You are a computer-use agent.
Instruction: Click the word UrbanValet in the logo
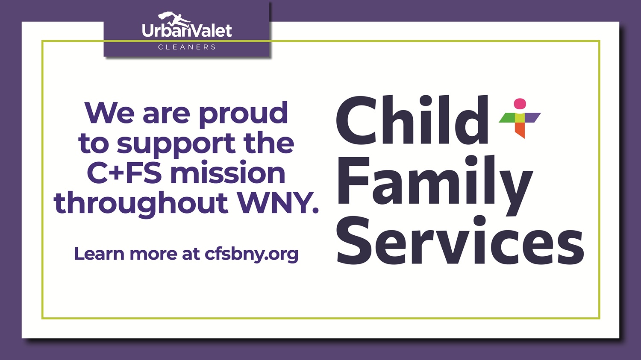point(187,31)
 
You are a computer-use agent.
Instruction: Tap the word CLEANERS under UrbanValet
point(187,47)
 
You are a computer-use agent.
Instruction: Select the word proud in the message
point(243,114)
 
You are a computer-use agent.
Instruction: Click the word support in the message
point(176,144)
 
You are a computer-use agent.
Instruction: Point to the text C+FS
point(124,173)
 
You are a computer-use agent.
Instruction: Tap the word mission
point(228,173)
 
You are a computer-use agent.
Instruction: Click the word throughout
point(141,203)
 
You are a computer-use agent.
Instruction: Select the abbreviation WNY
point(278,203)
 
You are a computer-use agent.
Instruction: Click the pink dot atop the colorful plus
point(520,104)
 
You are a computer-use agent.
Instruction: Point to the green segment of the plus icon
point(508,118)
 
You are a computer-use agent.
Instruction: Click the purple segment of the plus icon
point(532,117)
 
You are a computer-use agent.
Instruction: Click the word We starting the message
point(110,114)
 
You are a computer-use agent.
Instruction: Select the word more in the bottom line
point(153,254)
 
